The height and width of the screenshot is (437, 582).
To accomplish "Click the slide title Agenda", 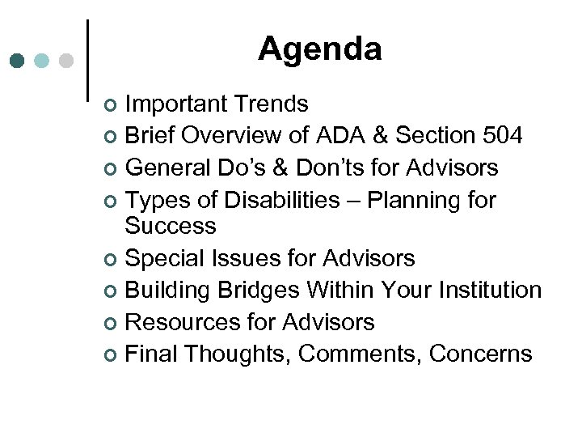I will [319, 49].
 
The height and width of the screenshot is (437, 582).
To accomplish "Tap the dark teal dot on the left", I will [19, 61].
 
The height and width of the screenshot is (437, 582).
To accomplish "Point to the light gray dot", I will [66, 61].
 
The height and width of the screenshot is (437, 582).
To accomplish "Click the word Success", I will [171, 225].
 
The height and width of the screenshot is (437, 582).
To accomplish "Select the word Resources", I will [185, 322].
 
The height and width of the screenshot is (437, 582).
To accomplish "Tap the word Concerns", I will [481, 354].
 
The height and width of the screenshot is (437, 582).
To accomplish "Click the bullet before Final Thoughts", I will [112, 355].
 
